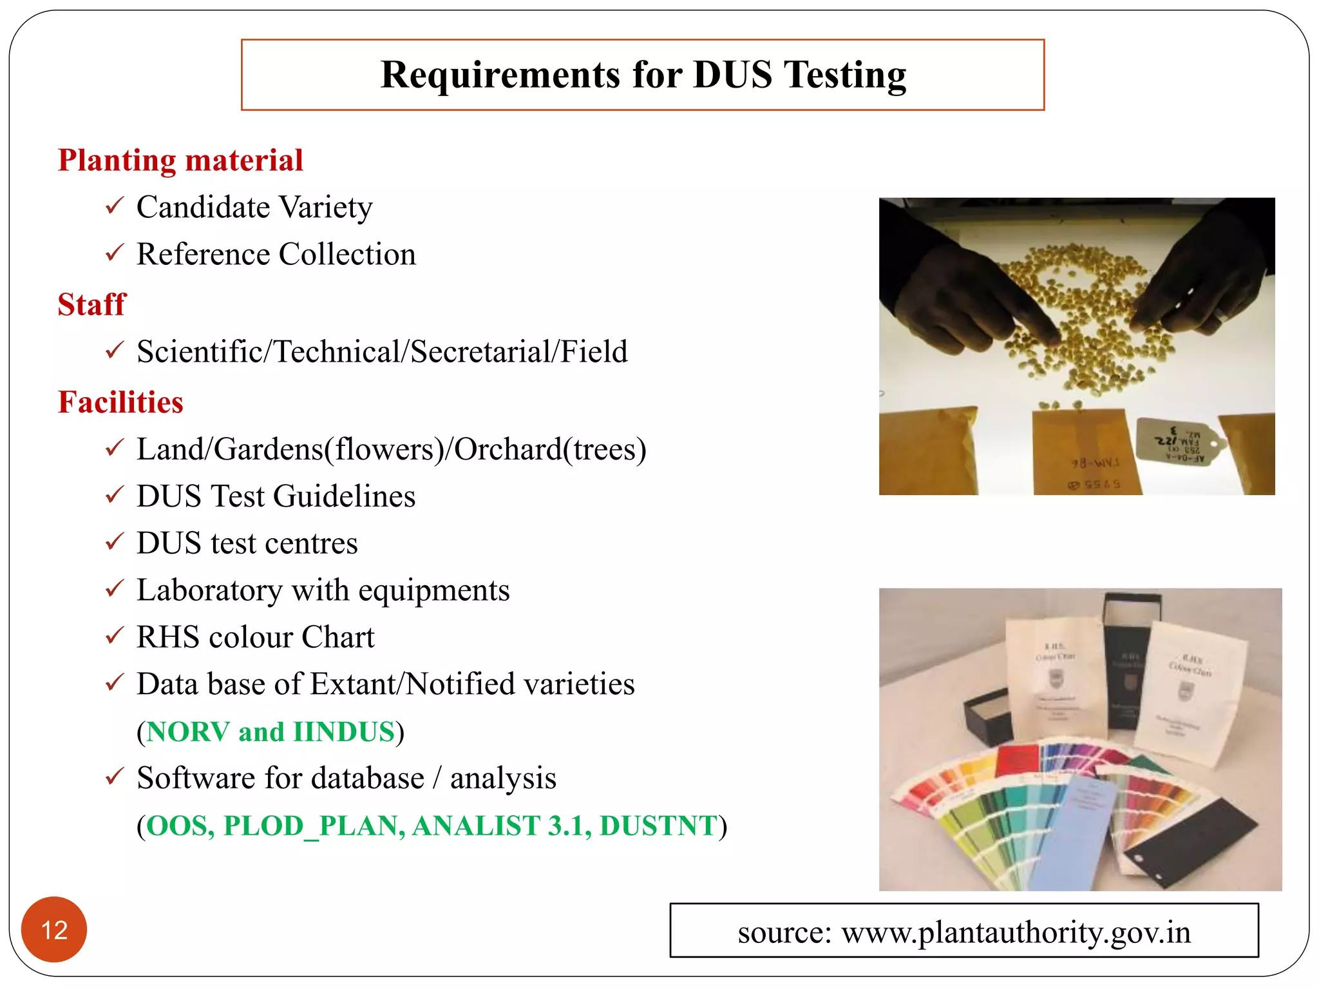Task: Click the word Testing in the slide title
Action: [x=844, y=75]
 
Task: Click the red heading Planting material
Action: [x=180, y=160]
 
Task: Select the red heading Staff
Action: [x=91, y=304]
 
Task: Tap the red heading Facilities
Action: [x=120, y=402]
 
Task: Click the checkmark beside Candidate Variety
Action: [x=114, y=206]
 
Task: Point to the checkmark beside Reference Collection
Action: [x=114, y=253]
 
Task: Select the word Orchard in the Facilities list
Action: [x=508, y=449]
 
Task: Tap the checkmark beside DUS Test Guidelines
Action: [x=114, y=495]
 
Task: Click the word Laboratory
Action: [x=209, y=590]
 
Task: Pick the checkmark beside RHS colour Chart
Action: [x=114, y=636]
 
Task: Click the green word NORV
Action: [x=187, y=732]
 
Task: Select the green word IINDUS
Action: [x=343, y=732]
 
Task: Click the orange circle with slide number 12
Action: [x=54, y=929]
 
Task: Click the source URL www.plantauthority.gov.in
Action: [x=1016, y=932]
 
